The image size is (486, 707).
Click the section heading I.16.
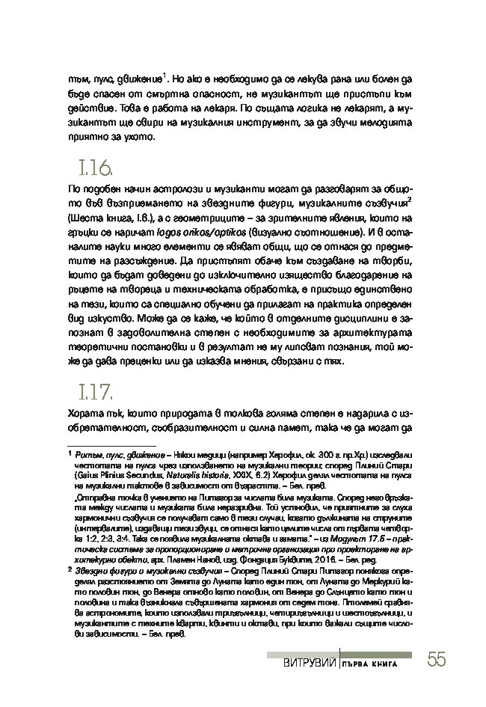[94, 167]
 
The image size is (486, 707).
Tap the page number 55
[437, 660]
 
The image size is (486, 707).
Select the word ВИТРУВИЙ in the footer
[307, 664]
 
